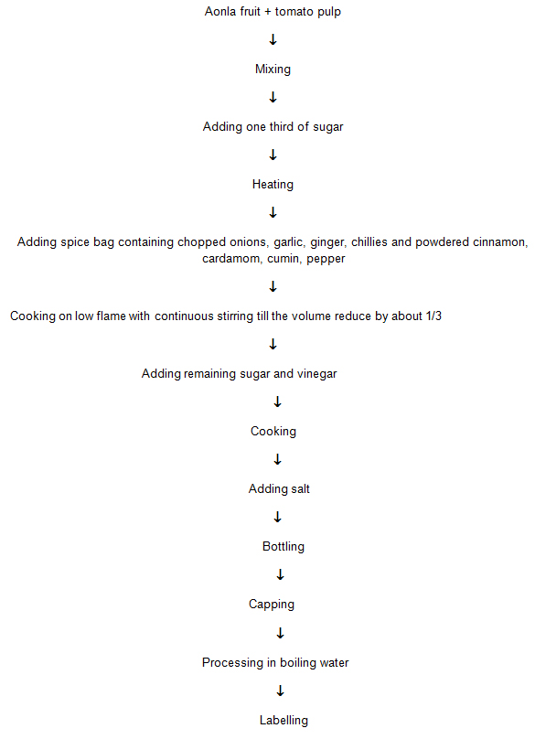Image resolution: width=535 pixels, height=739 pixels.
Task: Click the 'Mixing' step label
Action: [x=273, y=70]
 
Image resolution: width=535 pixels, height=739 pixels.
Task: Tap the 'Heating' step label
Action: [x=273, y=184]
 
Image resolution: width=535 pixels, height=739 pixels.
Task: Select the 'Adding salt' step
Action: [x=279, y=488]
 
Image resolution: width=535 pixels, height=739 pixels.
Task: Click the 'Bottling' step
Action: [x=284, y=547]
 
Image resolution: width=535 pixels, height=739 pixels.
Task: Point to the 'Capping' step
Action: [x=272, y=605]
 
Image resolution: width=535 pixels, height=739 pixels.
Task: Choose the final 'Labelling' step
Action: [x=284, y=721]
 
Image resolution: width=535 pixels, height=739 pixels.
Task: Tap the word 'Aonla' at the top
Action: [x=219, y=11]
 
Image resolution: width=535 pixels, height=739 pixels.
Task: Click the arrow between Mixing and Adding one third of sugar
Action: [x=273, y=98]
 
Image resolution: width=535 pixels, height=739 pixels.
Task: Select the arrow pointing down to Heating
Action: [x=273, y=155]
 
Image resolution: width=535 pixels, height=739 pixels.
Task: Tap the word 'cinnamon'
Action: [x=500, y=242]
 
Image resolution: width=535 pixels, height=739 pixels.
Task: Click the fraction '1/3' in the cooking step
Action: [x=433, y=316]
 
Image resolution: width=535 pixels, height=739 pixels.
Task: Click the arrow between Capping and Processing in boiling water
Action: [x=280, y=634]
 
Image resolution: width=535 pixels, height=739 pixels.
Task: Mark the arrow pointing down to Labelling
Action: [x=280, y=691]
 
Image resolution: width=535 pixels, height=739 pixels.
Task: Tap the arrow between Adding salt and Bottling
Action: [x=278, y=518]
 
